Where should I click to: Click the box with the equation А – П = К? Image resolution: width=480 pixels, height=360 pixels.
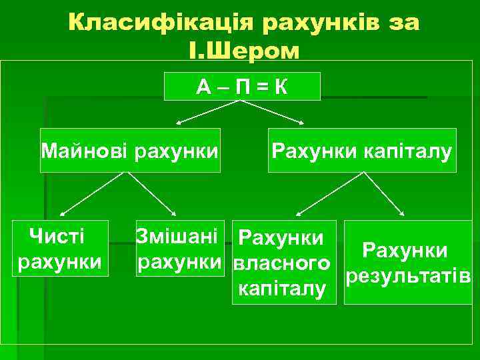243,87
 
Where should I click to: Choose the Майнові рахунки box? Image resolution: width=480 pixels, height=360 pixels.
130,150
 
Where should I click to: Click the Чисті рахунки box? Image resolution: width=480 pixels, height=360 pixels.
61,247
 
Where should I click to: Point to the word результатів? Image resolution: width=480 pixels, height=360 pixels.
409,275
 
